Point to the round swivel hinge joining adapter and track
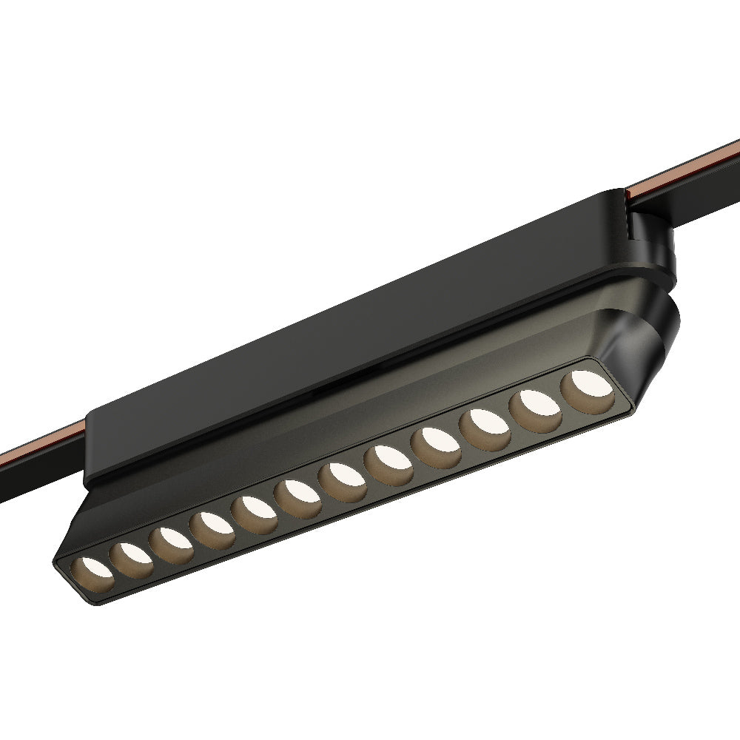tap(651, 244)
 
